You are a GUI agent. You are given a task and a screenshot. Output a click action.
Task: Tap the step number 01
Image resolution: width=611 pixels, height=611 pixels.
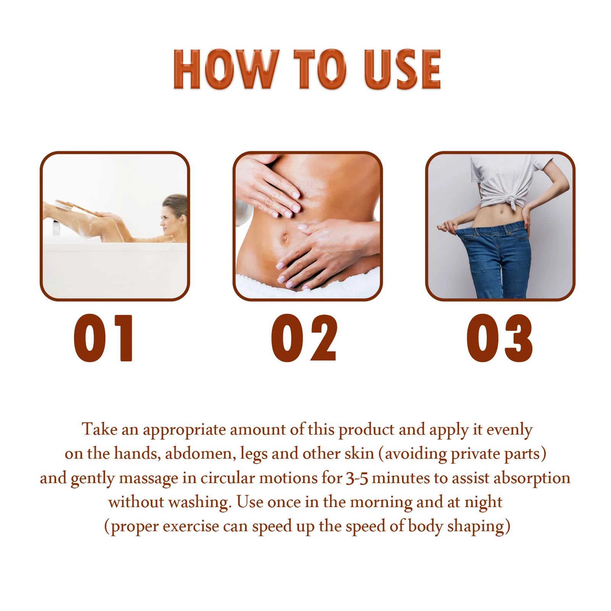[x=103, y=338]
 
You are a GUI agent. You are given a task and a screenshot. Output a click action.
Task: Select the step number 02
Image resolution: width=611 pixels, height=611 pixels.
[x=304, y=338]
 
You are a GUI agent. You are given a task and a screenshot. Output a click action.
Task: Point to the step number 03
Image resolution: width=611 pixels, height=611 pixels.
[x=499, y=338]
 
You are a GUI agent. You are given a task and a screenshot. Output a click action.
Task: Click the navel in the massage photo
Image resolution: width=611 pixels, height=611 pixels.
[x=284, y=239]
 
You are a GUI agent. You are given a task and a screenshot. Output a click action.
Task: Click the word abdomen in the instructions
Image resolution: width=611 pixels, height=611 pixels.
[x=200, y=454]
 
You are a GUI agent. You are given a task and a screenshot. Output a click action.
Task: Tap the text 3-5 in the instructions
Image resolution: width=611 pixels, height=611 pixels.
[x=357, y=478]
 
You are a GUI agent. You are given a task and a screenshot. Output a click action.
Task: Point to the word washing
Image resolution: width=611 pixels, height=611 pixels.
[x=200, y=502]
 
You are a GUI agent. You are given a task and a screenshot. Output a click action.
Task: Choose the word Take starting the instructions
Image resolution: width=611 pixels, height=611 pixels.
[x=100, y=430]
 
